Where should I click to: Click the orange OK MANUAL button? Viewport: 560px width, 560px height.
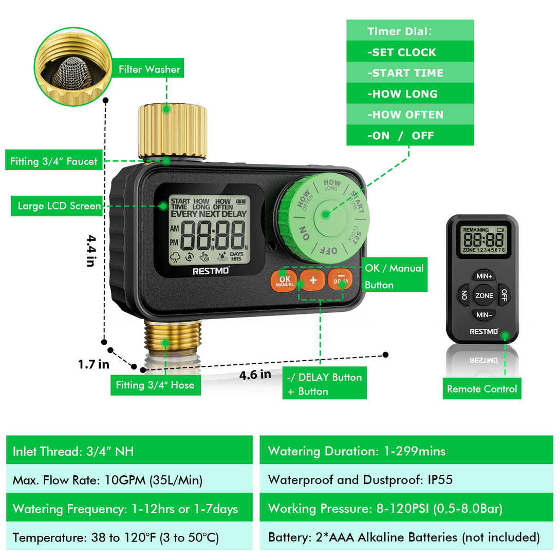pos(284,281)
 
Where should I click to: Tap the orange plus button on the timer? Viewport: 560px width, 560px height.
pos(313,280)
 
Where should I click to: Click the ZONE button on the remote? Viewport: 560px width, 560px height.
pos(484,296)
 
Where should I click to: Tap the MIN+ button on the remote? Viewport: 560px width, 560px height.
pos(484,276)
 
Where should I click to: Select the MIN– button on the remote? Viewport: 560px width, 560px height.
pos(484,315)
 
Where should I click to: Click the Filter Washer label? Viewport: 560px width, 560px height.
pos(149,68)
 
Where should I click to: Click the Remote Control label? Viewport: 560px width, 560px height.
pos(482,388)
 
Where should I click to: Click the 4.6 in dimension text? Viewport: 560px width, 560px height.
pos(255,375)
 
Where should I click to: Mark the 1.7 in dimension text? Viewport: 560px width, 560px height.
pos(94,364)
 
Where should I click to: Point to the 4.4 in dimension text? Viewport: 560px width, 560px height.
pos(91,251)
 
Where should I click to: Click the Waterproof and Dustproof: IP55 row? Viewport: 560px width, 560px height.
pos(406,479)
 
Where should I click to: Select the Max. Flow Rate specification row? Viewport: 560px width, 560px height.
pos(129,479)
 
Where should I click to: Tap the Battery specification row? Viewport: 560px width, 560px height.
pos(406,537)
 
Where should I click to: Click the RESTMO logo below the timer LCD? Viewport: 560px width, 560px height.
pos(211,271)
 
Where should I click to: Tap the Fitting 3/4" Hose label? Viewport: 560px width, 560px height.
pos(155,385)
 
